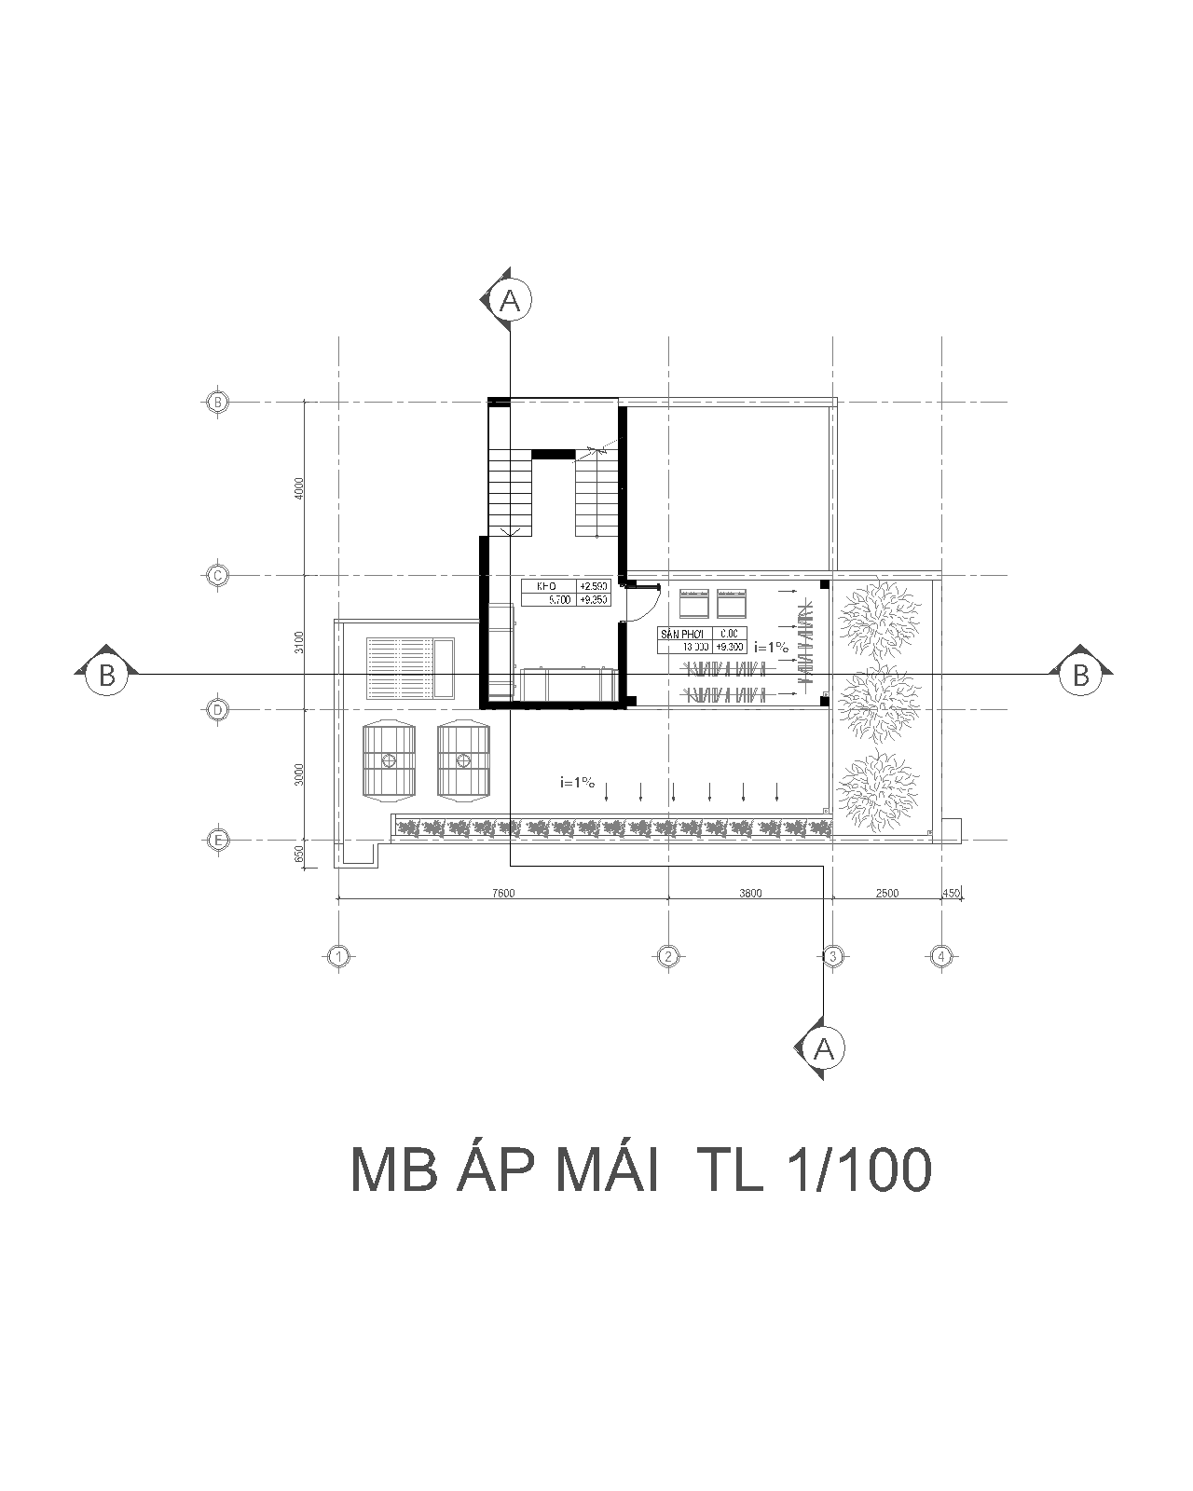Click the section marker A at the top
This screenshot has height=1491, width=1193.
coord(510,300)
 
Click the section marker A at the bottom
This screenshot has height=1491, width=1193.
coord(823,1049)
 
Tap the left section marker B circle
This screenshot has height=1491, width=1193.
coord(106,675)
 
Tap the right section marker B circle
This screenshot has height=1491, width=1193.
coord(1080,675)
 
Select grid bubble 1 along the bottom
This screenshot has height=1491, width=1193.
coord(338,956)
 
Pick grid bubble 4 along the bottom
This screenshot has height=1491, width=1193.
coord(941,956)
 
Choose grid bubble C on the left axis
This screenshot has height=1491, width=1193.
coord(216,576)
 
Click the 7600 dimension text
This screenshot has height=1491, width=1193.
coord(502,893)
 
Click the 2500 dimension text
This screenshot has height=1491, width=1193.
coord(886,893)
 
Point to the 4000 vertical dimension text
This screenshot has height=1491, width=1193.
coord(298,489)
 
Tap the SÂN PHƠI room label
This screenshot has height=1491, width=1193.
coord(683,634)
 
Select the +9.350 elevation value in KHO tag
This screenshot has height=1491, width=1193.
coord(594,599)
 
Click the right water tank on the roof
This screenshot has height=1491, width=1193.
coord(463,759)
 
